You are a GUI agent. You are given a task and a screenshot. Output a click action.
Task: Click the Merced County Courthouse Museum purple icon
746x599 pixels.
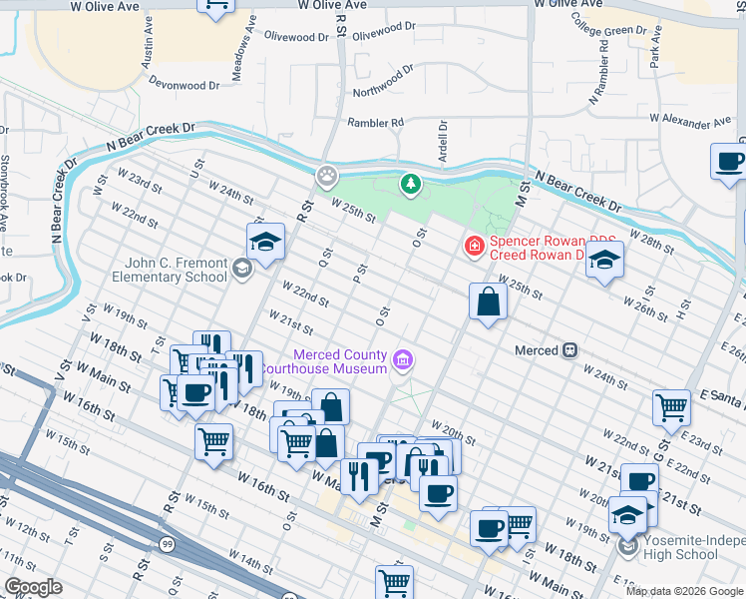[x=403, y=359]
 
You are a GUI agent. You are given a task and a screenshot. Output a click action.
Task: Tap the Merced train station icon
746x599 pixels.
[x=570, y=350]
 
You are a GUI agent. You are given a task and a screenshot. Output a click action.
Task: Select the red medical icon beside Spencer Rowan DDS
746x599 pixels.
[x=474, y=245]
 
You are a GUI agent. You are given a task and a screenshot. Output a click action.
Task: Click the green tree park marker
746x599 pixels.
[x=409, y=184]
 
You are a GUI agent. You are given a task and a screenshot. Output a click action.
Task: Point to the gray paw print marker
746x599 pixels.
[x=327, y=177]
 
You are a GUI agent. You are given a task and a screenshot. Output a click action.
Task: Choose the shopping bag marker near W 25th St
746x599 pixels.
[x=487, y=301]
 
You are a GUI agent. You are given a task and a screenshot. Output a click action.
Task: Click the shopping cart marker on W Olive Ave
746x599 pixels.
[x=216, y=6]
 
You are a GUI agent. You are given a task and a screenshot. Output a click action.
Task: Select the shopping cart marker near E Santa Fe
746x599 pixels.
[x=672, y=406]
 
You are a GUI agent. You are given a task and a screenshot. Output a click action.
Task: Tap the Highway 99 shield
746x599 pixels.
[x=168, y=543]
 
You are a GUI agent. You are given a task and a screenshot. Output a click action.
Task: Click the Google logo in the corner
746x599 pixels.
[x=33, y=587]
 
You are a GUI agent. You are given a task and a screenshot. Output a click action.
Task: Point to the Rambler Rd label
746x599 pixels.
[x=375, y=123]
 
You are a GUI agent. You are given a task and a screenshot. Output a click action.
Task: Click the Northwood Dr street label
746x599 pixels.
[x=383, y=81]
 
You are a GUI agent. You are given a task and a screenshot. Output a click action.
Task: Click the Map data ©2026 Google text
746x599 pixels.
[x=684, y=591]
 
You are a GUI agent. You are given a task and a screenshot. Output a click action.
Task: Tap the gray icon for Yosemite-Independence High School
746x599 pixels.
[x=626, y=547]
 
